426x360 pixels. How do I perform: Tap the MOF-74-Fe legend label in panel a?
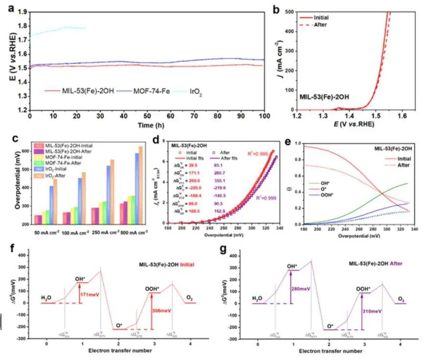(142, 91)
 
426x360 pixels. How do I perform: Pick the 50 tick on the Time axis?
(147, 116)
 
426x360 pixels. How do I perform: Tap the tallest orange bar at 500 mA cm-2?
(141, 185)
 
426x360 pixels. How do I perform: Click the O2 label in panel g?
(401, 299)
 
